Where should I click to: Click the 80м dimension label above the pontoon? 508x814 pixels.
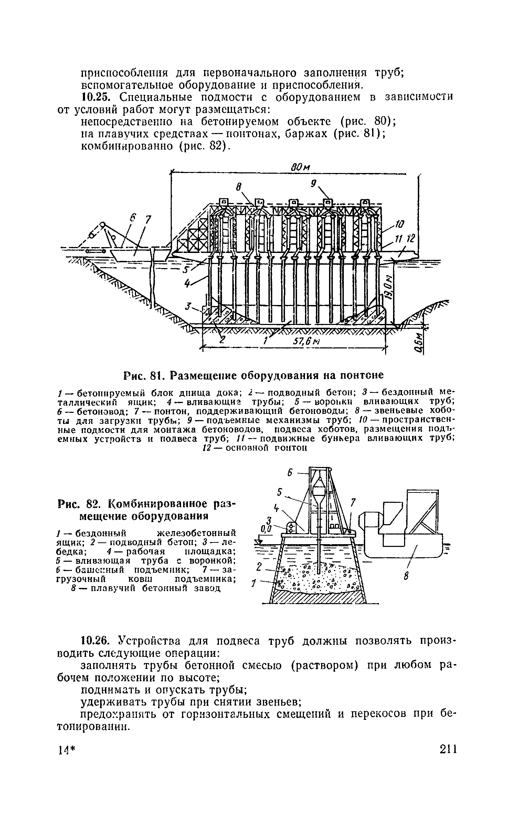[x=300, y=168]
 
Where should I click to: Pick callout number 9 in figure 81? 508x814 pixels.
[x=313, y=184]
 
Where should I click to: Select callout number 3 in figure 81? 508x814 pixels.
[x=188, y=306]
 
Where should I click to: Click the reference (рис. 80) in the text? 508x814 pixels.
[x=366, y=122]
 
